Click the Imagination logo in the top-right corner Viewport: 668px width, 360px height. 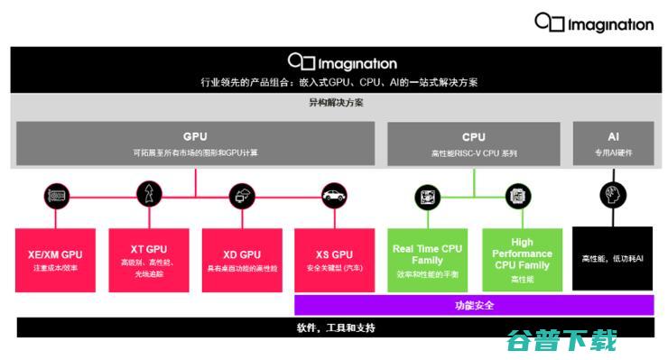click(593, 22)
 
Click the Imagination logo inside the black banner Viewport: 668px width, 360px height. click(342, 62)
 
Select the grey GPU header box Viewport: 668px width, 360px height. click(195, 143)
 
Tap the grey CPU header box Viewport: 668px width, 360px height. click(473, 143)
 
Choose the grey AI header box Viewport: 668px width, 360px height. click(613, 143)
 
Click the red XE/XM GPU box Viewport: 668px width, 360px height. click(55, 259)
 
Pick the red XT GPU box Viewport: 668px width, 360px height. click(148, 259)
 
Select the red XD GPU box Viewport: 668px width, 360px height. click(241, 259)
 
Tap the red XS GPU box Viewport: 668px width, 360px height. click(334, 259)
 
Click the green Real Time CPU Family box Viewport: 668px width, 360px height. click(427, 259)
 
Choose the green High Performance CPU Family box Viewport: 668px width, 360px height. click(521, 259)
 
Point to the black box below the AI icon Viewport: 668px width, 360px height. click(613, 259)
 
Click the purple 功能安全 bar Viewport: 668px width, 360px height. click(474, 305)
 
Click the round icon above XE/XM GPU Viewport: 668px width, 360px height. click(56, 194)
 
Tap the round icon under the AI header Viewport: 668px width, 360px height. click(613, 194)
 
